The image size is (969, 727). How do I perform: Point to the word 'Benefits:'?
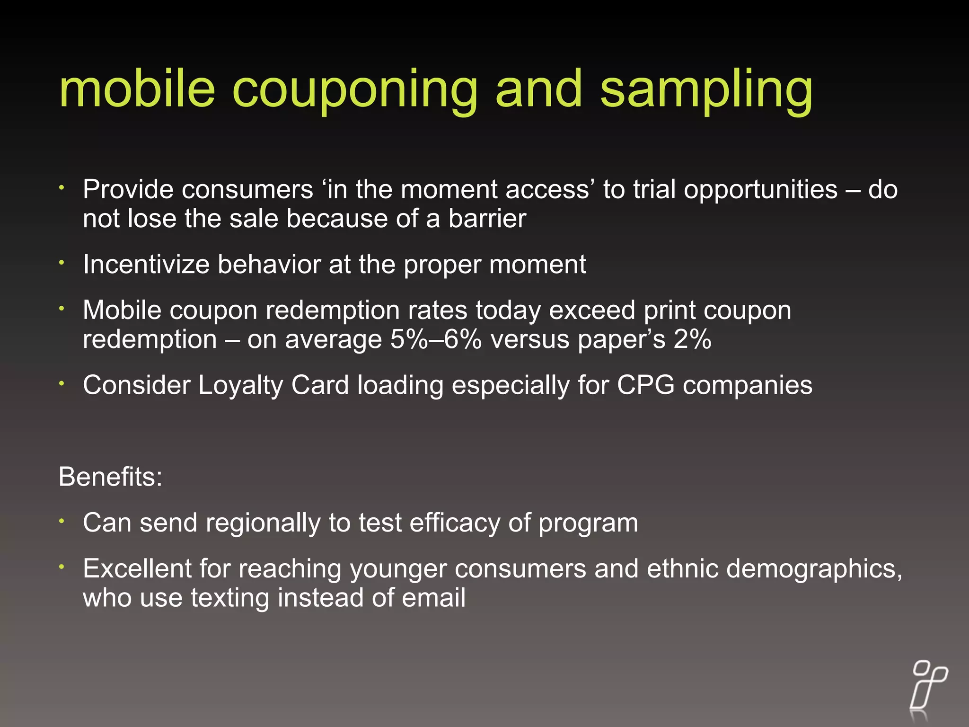pyautogui.click(x=110, y=477)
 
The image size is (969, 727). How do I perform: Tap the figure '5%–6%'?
pyautogui.click(x=436, y=339)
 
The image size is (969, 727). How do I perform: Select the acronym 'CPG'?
pyautogui.click(x=645, y=385)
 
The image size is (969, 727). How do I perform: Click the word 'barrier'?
pyautogui.click(x=487, y=219)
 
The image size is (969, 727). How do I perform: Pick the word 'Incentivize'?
pyautogui.click(x=146, y=264)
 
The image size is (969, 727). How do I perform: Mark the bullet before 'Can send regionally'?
pyautogui.click(x=62, y=521)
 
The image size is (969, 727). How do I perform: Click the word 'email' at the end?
pyautogui.click(x=433, y=597)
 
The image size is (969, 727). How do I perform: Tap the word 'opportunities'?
pyautogui.click(x=760, y=190)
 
